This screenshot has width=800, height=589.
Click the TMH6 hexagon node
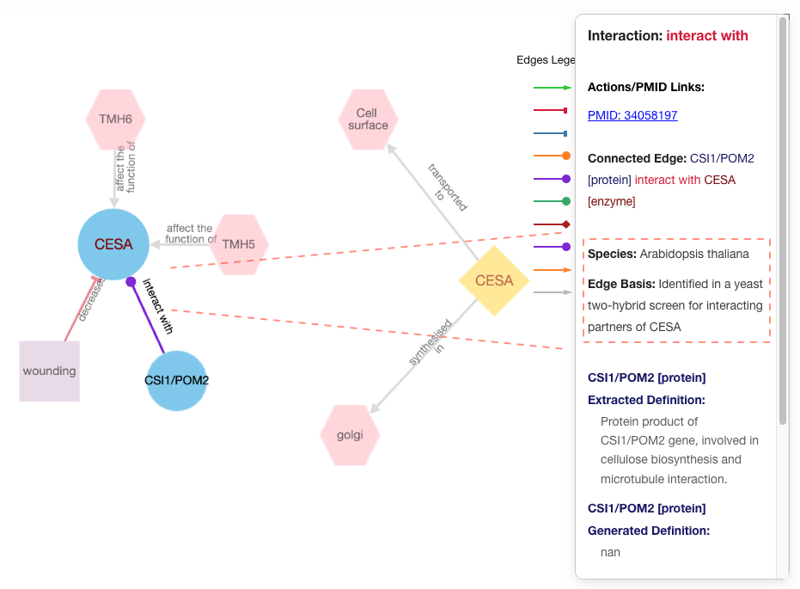(115, 120)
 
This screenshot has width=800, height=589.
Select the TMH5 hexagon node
(239, 244)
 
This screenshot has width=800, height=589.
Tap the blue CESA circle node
(113, 244)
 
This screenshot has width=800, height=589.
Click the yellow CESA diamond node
(494, 280)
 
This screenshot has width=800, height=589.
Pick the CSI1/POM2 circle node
(177, 380)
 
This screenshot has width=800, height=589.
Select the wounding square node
(50, 371)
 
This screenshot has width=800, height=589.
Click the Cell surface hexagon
(368, 120)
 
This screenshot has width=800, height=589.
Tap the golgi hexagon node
(350, 434)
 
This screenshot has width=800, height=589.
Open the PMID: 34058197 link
(632, 115)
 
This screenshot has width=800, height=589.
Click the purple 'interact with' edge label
(158, 306)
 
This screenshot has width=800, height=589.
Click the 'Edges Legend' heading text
(545, 60)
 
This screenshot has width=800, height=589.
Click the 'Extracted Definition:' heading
(645, 400)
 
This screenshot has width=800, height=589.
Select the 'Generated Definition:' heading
(648, 531)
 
